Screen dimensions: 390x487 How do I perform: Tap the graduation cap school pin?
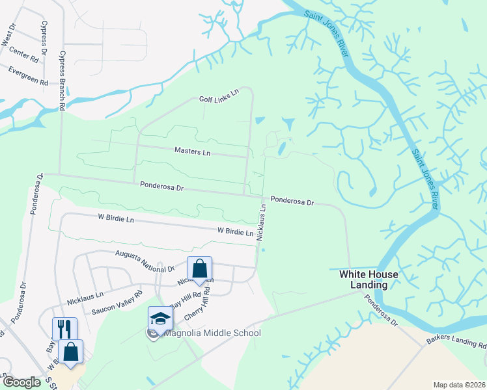click(160, 318)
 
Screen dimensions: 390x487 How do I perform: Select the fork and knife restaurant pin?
click(64, 329)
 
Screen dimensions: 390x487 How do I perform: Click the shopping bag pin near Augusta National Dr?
click(199, 268)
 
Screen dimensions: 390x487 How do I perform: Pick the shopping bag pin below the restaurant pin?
click(70, 352)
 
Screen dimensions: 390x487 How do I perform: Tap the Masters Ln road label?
click(193, 151)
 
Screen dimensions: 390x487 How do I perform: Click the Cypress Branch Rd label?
click(63, 82)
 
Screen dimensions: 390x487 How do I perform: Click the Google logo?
click(21, 382)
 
